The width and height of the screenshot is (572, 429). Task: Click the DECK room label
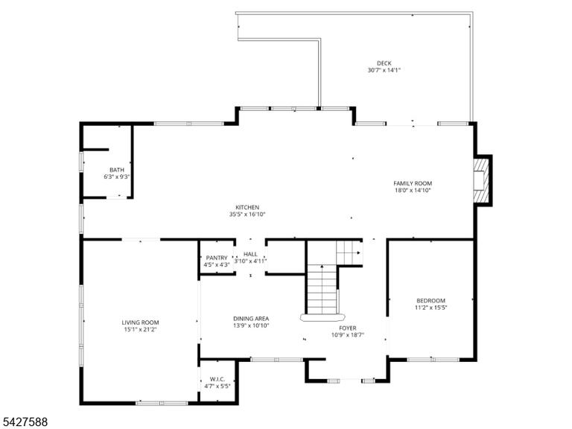pos(384,63)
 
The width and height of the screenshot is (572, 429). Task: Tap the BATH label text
pos(117,170)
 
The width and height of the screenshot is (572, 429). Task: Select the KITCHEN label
pos(247,208)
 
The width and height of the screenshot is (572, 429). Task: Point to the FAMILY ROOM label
pos(413,183)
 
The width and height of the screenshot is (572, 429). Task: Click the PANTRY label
pos(217,258)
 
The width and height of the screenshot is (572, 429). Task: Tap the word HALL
pos(250,254)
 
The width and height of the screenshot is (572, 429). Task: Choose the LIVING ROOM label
pos(141,322)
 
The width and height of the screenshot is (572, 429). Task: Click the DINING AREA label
pos(251,319)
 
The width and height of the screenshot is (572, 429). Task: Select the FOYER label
pos(348,328)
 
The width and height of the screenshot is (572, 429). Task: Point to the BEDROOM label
pos(430,301)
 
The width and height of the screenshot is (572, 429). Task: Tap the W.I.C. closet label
pos(217,379)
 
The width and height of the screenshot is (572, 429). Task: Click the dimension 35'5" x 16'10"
pos(247,214)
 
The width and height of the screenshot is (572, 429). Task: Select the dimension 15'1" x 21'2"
pos(141,329)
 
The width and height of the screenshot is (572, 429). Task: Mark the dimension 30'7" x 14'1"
pos(384,70)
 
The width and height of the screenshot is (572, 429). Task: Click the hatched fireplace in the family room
pos(482,179)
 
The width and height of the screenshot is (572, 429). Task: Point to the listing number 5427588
pos(24,422)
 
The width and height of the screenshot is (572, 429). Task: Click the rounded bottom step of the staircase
pos(322,317)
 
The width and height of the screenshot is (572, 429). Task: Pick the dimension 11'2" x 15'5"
pos(430,308)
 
